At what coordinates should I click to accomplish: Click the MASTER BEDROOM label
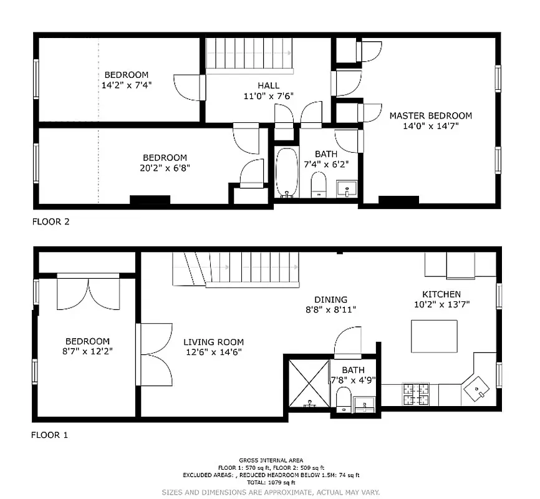(430, 115)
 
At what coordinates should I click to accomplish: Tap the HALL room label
(268, 85)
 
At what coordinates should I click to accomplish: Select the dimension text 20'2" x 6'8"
(165, 167)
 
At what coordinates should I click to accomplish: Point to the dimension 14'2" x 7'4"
(127, 85)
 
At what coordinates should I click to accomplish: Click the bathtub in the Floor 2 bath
(287, 173)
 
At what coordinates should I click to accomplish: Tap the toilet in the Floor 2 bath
(319, 185)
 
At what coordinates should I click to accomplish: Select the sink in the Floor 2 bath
(345, 188)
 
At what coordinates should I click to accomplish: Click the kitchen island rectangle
(434, 336)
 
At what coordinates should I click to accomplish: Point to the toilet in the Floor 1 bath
(342, 399)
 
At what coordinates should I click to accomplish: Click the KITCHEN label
(441, 294)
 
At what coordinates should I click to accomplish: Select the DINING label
(330, 299)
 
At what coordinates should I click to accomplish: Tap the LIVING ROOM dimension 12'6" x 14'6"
(213, 352)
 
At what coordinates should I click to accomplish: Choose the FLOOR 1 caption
(49, 435)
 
